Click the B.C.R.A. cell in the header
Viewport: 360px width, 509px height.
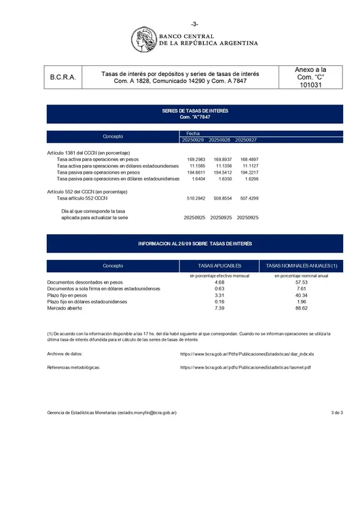pyautogui.click(x=63, y=78)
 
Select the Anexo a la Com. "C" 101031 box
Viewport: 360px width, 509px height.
pyautogui.click(x=310, y=78)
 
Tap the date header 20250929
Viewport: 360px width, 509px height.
pyautogui.click(x=193, y=139)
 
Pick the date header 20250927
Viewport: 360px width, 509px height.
pyautogui.click(x=246, y=139)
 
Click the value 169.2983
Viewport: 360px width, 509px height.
pyautogui.click(x=196, y=159)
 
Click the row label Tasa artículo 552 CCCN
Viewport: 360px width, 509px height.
pyautogui.click(x=82, y=198)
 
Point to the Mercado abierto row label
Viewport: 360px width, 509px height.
pyautogui.click(x=65, y=308)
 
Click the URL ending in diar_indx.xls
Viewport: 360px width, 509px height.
pyautogui.click(x=247, y=354)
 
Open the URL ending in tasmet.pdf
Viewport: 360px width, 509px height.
pyautogui.click(x=245, y=367)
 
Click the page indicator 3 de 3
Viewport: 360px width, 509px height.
pyautogui.click(x=336, y=412)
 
